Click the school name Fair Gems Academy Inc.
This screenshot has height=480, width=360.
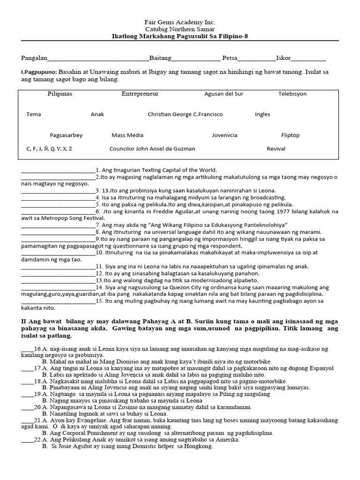pyautogui.click(x=180, y=22)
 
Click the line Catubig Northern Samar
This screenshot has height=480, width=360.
pyautogui.click(x=180, y=29)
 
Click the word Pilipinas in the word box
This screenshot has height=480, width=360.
pyautogui.click(x=60, y=94)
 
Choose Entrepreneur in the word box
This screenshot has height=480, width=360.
pyautogui.click(x=140, y=94)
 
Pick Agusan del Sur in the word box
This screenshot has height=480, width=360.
pyautogui.click(x=224, y=94)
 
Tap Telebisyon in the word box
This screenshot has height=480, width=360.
pyautogui.click(x=292, y=94)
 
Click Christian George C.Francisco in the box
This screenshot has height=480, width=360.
pyautogui.click(x=185, y=114)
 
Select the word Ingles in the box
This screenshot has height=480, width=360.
pyautogui.click(x=262, y=114)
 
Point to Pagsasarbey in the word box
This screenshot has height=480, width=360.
pyautogui.click(x=66, y=135)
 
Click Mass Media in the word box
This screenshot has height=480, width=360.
pyautogui.click(x=127, y=135)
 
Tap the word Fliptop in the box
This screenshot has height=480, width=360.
pyautogui.click(x=290, y=135)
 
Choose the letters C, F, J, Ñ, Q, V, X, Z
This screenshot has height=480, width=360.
pyautogui.click(x=49, y=149)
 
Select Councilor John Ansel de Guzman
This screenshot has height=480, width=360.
pyautogui.click(x=152, y=149)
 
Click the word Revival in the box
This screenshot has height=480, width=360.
pyautogui.click(x=276, y=149)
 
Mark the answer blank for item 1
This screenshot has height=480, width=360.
pyautogui.click(x=58, y=171)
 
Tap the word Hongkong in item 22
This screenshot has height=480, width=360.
pyautogui.click(x=201, y=447)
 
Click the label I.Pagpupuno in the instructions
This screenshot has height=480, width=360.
pyautogui.click(x=39, y=73)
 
